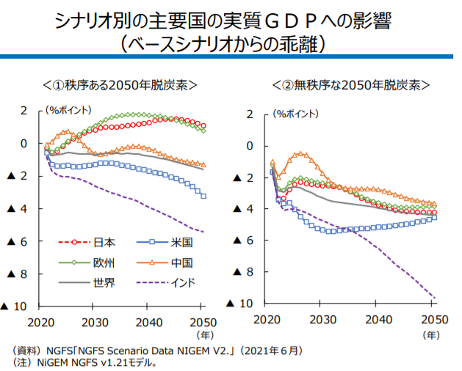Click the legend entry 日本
[x=105, y=242]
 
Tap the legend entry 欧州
[x=105, y=262]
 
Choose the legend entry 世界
[x=105, y=282]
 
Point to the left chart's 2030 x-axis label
[x=93, y=323]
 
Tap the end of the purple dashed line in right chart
[x=435, y=298]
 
